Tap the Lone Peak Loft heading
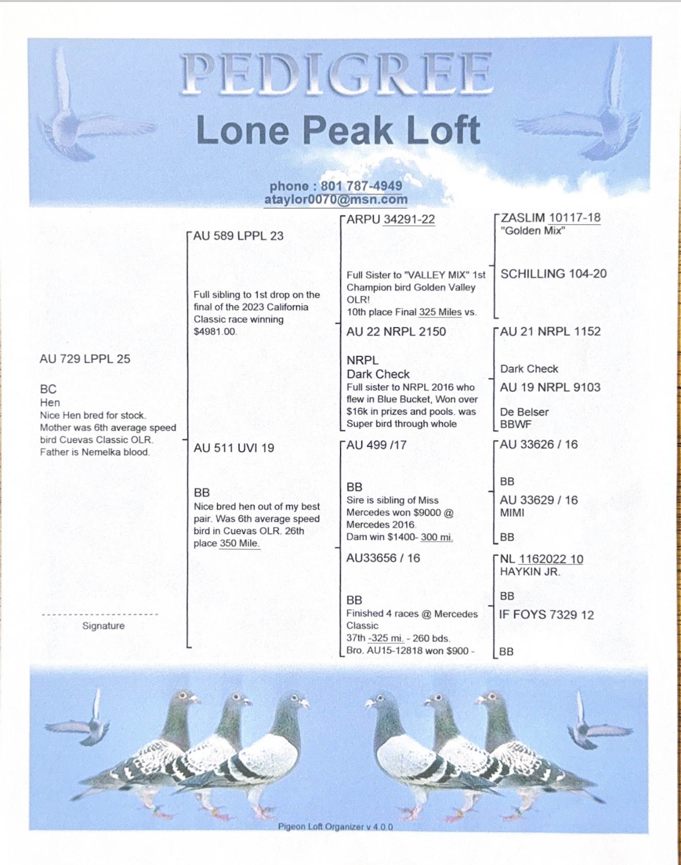tap(338, 130)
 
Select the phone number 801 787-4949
tap(361, 186)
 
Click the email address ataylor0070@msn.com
tap(336, 199)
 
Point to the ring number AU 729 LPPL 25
tap(85, 359)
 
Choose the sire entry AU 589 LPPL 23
tap(238, 236)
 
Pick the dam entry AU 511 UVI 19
tap(234, 448)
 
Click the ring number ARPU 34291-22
tap(391, 219)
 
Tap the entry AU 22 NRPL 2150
tap(396, 331)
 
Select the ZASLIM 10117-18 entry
tap(550, 218)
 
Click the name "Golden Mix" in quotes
tap(532, 230)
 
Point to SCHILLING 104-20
tap(554, 274)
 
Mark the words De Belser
tap(524, 412)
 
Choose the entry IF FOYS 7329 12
tap(546, 614)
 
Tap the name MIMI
tap(512, 513)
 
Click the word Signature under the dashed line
tap(103, 626)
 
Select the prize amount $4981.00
tap(215, 331)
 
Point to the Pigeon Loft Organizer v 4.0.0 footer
tap(335, 826)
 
